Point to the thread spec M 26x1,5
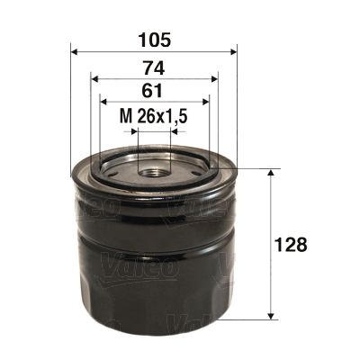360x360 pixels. click(x=153, y=115)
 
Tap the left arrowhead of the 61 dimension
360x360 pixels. click(x=103, y=102)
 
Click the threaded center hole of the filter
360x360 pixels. click(x=154, y=169)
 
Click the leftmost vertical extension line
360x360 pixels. click(x=70, y=108)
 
